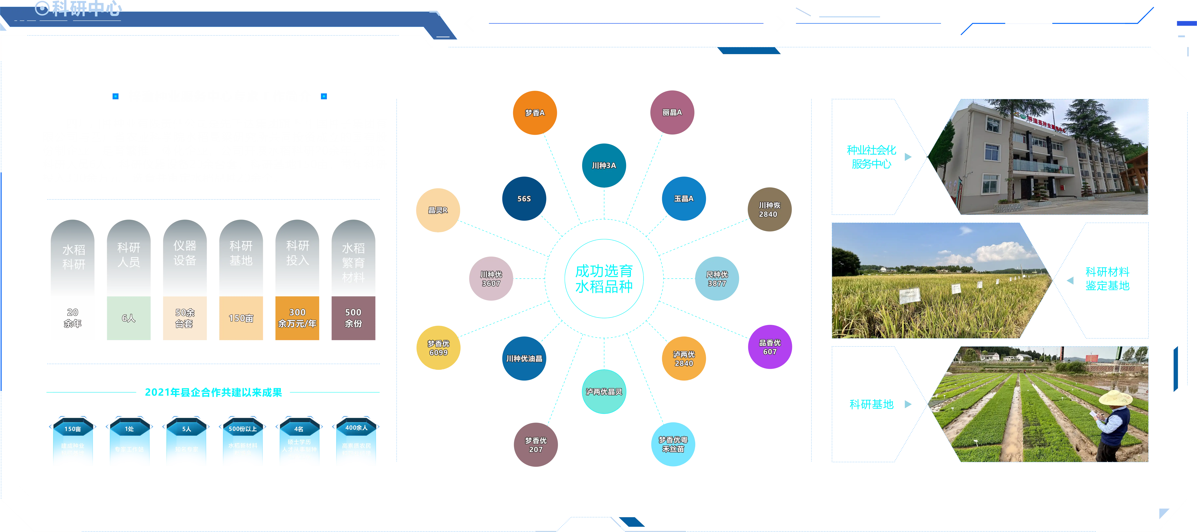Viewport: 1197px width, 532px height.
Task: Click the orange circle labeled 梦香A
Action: click(535, 113)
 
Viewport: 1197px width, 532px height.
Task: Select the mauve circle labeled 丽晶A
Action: click(672, 113)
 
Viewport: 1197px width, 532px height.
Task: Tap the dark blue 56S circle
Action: click(524, 199)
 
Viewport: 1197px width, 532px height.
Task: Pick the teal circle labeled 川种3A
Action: click(604, 166)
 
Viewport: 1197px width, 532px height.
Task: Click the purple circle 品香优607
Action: click(769, 347)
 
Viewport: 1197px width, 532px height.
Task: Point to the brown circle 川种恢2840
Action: click(769, 210)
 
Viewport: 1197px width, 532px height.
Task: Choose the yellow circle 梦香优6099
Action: click(438, 348)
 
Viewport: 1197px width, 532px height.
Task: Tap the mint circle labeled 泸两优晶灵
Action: click(604, 392)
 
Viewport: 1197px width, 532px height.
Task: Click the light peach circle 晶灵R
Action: click(438, 210)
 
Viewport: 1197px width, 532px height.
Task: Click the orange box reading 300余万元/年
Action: click(297, 318)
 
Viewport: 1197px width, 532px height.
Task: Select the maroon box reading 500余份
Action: click(353, 318)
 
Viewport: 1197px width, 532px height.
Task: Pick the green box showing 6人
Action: click(129, 318)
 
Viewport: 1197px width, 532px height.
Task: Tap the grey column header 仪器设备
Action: click(184, 253)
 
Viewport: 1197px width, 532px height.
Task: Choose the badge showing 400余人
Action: click(356, 442)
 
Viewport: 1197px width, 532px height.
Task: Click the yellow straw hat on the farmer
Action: click(1115, 398)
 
